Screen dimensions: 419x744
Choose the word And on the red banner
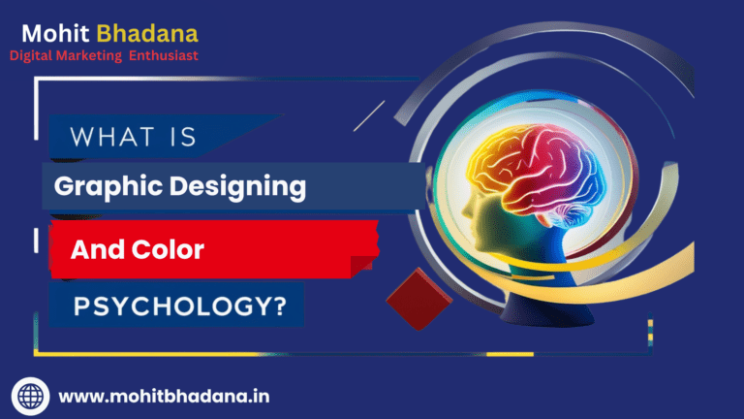(x=95, y=249)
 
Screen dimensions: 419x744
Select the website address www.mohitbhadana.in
(x=164, y=396)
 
